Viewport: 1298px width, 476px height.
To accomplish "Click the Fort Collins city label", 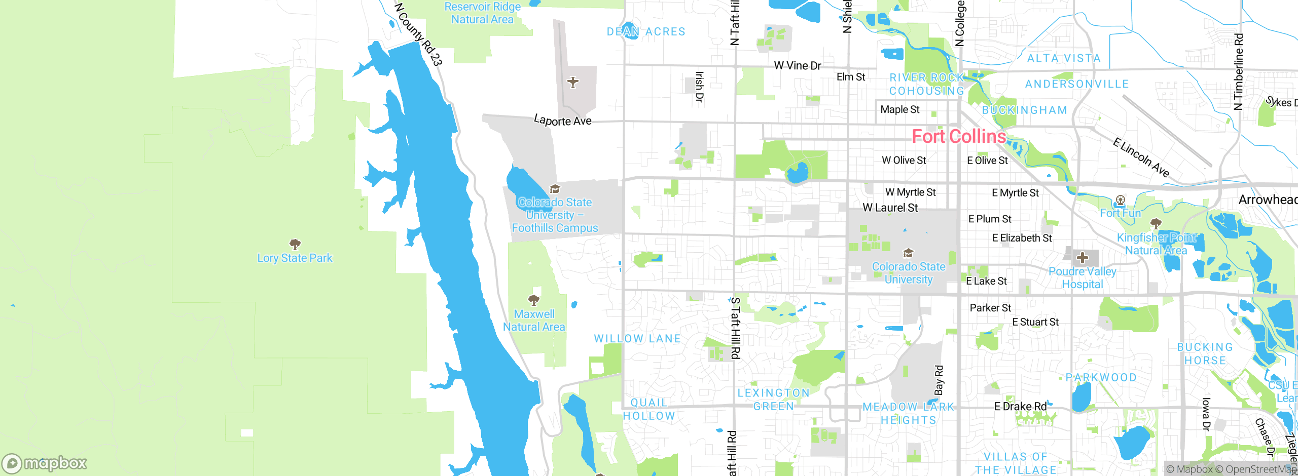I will coord(958,136).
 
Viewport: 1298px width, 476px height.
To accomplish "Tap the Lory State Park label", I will coord(295,258).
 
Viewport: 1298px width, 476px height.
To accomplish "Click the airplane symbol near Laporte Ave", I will coord(573,82).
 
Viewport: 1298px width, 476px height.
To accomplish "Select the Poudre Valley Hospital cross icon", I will coord(1083,258).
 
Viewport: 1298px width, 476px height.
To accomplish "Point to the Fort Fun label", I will coord(1120,213).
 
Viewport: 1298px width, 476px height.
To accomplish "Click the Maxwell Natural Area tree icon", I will coord(534,300).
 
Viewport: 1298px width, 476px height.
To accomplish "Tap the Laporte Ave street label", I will coord(562,121).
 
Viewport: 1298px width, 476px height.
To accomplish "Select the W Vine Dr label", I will coord(797,66).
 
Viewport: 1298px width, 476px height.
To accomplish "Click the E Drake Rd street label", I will coord(1020,407).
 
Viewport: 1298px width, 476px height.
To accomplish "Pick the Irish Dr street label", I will coord(699,87).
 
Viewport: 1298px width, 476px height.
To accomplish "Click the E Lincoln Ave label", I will coord(1141,157).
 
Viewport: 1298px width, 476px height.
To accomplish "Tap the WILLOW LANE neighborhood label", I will coord(637,338).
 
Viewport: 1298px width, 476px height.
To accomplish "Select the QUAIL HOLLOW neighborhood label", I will coord(649,409).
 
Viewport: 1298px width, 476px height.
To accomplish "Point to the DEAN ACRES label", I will coord(646,31).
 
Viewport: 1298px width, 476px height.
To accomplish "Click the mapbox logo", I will coord(45,463).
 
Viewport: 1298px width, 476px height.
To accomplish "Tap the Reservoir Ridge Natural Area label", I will coord(482,13).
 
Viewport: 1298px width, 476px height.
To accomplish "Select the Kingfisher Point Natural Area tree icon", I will coord(1156,223).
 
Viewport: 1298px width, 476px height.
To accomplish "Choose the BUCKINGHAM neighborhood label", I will coord(1024,110).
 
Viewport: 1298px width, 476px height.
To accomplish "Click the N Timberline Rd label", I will coord(1239,71).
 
